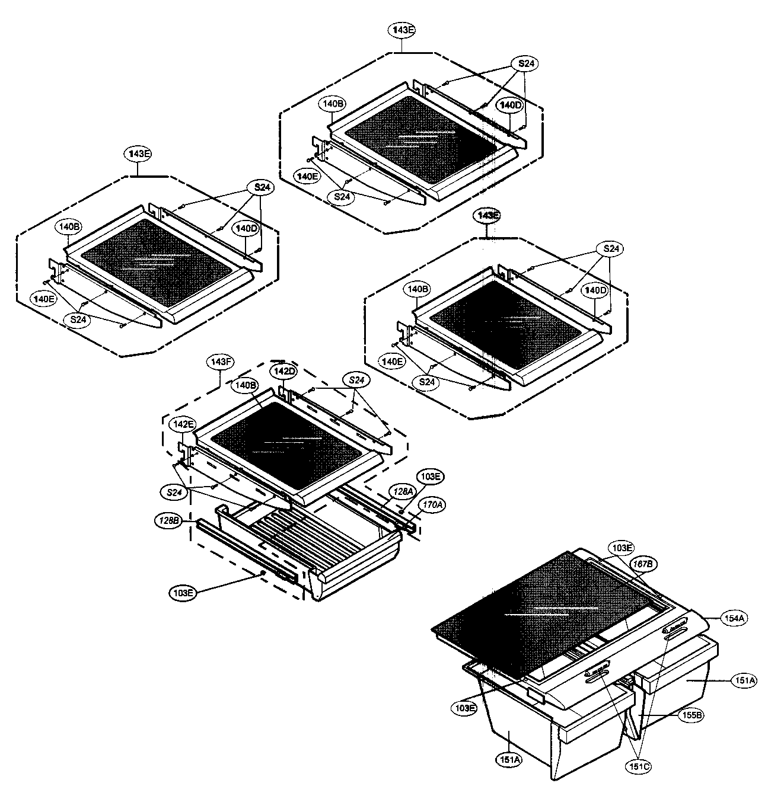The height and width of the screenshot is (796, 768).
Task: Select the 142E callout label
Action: click(182, 424)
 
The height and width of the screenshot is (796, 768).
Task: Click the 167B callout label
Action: click(643, 564)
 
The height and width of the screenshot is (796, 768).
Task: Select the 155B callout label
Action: click(691, 715)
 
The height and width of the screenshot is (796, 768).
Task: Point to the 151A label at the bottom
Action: click(510, 759)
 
